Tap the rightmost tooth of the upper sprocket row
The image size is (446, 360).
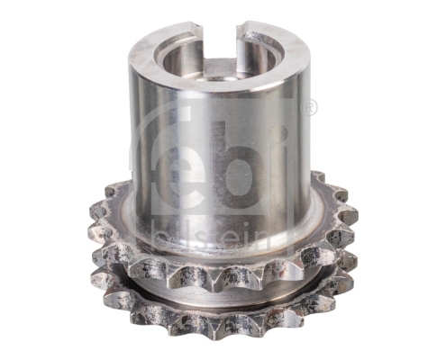pyautogui.click(x=352, y=216)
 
